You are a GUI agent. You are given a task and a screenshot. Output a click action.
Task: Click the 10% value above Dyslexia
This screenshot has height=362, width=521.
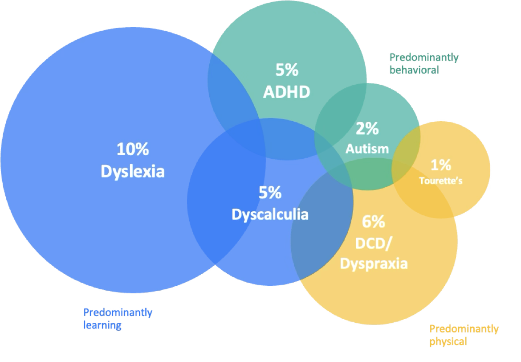(132, 149)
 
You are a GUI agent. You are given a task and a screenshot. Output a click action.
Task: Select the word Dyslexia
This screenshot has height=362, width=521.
(132, 172)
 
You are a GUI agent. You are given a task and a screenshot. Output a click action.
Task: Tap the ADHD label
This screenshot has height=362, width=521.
(286, 92)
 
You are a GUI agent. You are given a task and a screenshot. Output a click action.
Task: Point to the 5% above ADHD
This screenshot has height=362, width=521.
(286, 70)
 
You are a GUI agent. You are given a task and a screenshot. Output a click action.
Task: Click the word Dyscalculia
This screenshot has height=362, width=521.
(270, 214)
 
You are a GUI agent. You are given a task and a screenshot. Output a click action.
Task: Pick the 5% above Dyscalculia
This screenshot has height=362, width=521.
(270, 193)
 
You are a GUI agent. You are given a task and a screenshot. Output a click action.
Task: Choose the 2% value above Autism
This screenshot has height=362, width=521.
(367, 129)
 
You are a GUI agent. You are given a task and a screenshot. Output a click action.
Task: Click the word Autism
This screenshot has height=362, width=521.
(367, 148)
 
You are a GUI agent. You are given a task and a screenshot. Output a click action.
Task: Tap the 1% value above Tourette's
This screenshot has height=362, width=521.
(440, 165)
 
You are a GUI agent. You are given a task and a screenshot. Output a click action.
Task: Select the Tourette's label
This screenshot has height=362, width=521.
(440, 181)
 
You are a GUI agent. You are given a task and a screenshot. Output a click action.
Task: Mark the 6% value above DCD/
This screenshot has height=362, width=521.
(374, 222)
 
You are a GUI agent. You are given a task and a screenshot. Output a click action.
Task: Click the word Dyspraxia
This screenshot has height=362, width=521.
(374, 263)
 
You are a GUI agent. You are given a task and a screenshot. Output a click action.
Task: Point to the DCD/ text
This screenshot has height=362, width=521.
(374, 243)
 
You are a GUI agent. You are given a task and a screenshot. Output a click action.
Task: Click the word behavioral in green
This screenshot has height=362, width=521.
(414, 70)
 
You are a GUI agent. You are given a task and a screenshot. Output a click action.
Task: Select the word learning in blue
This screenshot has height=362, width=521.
(102, 325)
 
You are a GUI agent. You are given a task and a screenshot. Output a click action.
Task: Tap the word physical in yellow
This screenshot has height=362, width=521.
(448, 342)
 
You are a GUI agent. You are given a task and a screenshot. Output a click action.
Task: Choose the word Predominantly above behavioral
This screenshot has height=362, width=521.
(423, 58)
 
